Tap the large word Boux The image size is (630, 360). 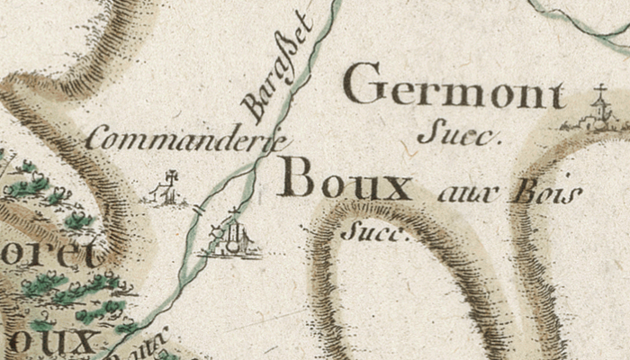coord(345,179)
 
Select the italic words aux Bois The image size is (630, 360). coord(508,193)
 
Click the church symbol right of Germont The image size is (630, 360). coord(597,113)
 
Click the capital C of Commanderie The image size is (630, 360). coord(97,140)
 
